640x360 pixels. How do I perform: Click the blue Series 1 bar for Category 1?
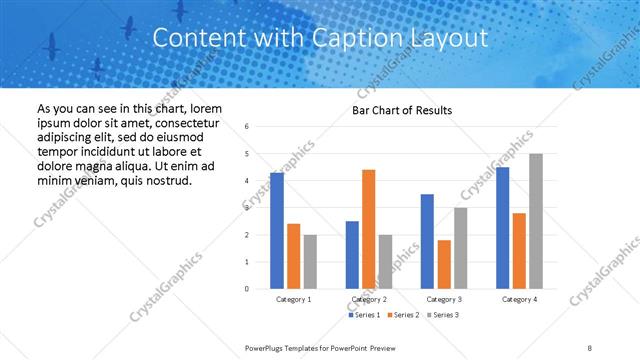pos(277,231)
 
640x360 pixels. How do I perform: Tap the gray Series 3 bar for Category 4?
pos(536,221)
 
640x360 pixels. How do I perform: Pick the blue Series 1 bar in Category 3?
pos(427,241)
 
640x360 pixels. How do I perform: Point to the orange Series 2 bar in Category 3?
pos(444,264)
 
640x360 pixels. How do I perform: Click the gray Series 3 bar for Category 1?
pos(310,261)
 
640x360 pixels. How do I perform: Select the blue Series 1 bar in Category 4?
pos(502,228)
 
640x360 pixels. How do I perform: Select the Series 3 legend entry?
pos(444,315)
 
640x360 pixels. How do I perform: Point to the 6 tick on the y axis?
pos(247,127)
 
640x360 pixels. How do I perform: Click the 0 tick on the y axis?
pos(247,289)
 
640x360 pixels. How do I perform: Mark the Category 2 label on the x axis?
pos(369,299)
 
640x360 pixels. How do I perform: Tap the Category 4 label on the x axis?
pos(519,299)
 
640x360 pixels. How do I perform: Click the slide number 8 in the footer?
pos(590,347)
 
